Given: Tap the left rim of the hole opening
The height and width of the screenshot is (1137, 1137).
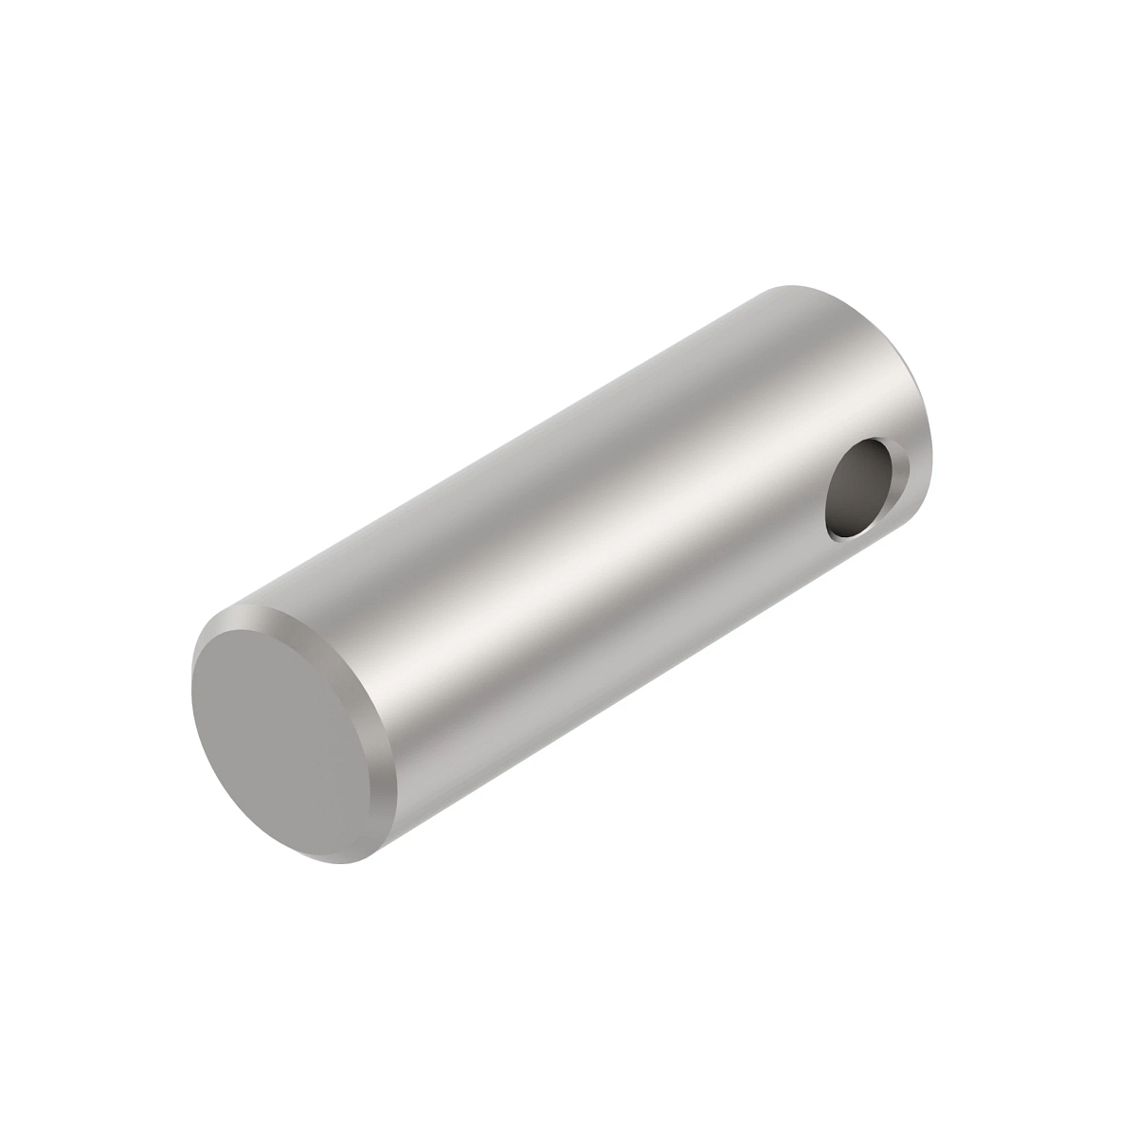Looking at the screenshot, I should coord(829,497).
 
